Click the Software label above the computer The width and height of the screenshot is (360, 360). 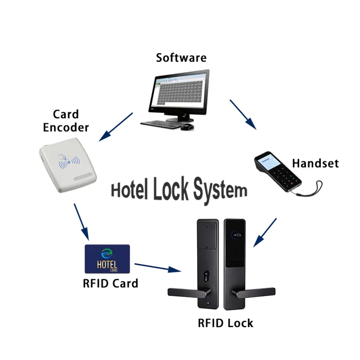tap(181, 58)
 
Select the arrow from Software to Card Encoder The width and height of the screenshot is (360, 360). tap(116, 126)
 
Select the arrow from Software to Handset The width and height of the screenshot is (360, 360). tap(243, 114)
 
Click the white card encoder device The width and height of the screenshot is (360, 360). tap(67, 166)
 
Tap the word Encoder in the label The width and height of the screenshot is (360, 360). tap(66, 127)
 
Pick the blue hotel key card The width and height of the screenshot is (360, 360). tap(107, 259)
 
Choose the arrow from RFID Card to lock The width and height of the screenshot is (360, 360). tap(157, 268)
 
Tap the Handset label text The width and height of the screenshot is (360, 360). tap(315, 163)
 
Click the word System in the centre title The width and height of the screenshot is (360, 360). tap(220, 190)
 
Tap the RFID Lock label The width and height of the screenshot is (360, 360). tap(225, 323)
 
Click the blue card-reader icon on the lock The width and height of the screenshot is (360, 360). tap(235, 234)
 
